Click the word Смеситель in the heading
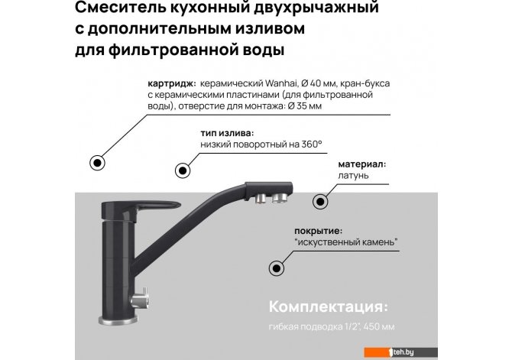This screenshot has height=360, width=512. [x=121, y=7]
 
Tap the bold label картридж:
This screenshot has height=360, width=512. [x=172, y=84]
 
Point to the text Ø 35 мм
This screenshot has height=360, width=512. [x=305, y=106]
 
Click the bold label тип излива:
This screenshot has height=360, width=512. [x=227, y=134]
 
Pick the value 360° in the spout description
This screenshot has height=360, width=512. [x=312, y=144]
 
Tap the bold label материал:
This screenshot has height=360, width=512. [x=362, y=164]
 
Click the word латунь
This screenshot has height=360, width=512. [x=353, y=176]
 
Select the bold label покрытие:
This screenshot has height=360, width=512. [x=319, y=232]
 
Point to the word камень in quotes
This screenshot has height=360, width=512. [x=381, y=242]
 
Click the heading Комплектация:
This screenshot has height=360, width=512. [x=329, y=307]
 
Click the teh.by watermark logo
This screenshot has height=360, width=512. [x=400, y=352]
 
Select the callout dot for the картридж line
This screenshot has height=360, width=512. [x=97, y=162]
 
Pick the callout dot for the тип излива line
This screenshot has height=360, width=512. [x=183, y=170]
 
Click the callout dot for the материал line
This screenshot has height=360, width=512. [x=320, y=202]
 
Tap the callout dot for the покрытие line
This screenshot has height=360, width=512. [x=277, y=268]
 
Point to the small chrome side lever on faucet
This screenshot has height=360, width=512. [x=141, y=299]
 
